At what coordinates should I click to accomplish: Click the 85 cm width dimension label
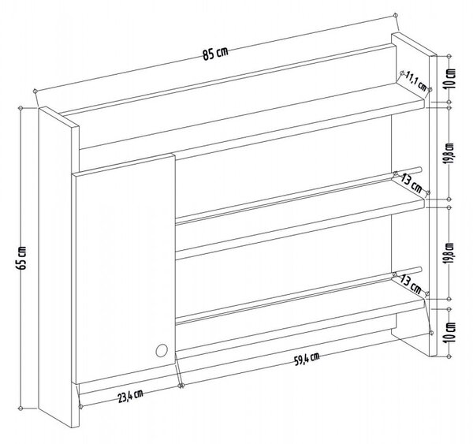[x=215, y=54]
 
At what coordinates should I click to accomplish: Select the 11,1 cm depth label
[x=416, y=80]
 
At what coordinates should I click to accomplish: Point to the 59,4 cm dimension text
[x=307, y=359]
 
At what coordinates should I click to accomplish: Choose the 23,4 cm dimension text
[x=130, y=396]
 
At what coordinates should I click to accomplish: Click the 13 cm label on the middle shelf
[x=412, y=184]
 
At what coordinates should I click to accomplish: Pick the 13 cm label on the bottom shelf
[x=411, y=285]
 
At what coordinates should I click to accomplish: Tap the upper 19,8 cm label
[x=450, y=153]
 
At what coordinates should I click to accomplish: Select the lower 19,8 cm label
[x=450, y=253]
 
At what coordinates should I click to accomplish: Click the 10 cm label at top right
[x=450, y=79]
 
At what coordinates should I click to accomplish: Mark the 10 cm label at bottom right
[x=450, y=332]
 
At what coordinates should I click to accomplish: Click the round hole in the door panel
[x=162, y=351]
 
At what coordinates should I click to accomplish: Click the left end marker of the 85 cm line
[x=35, y=91]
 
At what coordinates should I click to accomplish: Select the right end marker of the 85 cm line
[x=396, y=15]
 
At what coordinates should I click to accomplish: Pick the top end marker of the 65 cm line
[x=20, y=108]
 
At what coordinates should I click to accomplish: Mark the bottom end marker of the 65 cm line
[x=20, y=409]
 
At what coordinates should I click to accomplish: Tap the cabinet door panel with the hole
[x=125, y=269]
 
